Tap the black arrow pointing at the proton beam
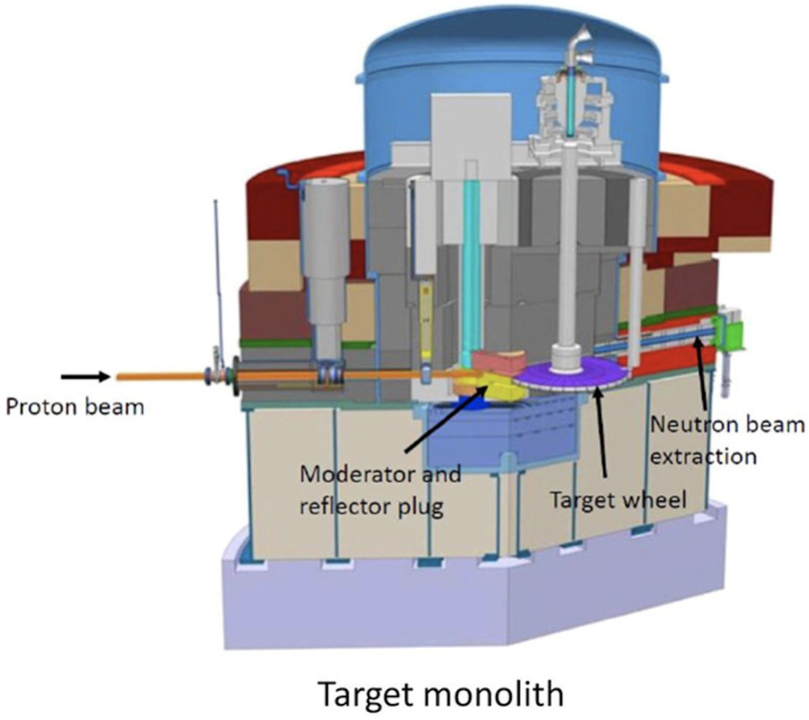click(x=85, y=377)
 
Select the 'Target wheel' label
click(x=618, y=500)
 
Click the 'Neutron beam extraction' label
click(x=728, y=441)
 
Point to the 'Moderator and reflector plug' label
click(x=380, y=490)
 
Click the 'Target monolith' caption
click(x=442, y=694)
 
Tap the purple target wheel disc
click(x=571, y=373)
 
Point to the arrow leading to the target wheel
click(x=599, y=431)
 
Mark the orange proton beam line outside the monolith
click(x=160, y=377)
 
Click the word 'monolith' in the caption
click(x=495, y=694)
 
